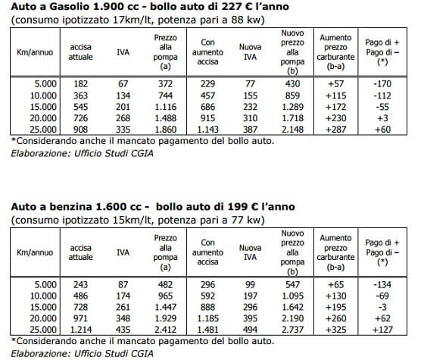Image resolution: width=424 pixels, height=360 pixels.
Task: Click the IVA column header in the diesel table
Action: (x=123, y=52)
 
